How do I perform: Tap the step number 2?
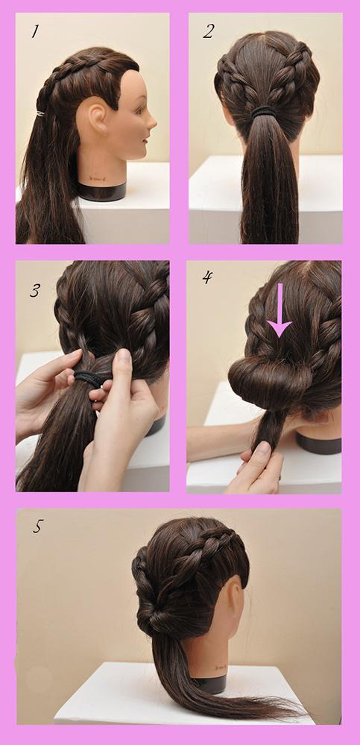click(x=209, y=31)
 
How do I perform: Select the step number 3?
click(x=34, y=290)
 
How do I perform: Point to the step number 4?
click(x=207, y=277)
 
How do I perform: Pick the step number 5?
click(x=37, y=526)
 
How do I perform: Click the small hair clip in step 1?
click(x=40, y=113)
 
